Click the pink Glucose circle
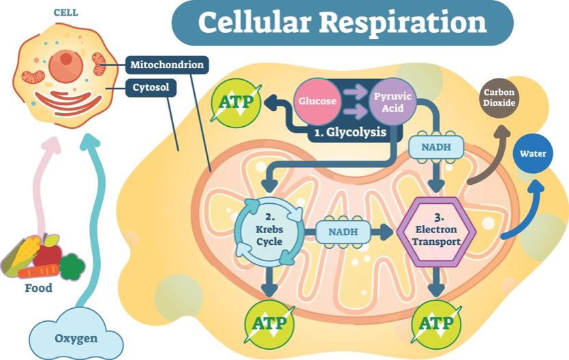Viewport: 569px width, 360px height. click(316, 102)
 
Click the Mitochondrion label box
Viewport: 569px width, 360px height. click(168, 66)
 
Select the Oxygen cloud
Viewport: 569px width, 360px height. click(76, 337)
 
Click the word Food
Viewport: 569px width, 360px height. click(38, 288)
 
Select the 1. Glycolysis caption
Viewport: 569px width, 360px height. click(350, 132)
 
